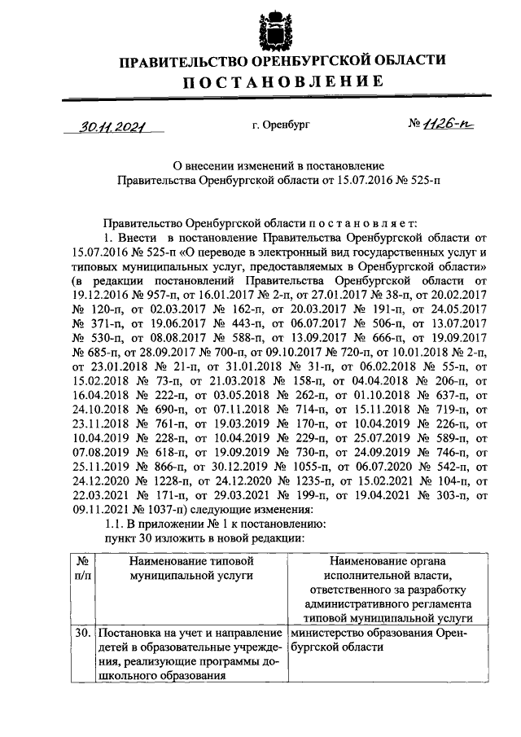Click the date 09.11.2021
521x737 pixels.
[99, 508]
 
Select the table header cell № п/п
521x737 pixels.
[82, 568]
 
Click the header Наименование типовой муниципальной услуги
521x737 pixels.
[188, 568]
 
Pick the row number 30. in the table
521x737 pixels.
[81, 633]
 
